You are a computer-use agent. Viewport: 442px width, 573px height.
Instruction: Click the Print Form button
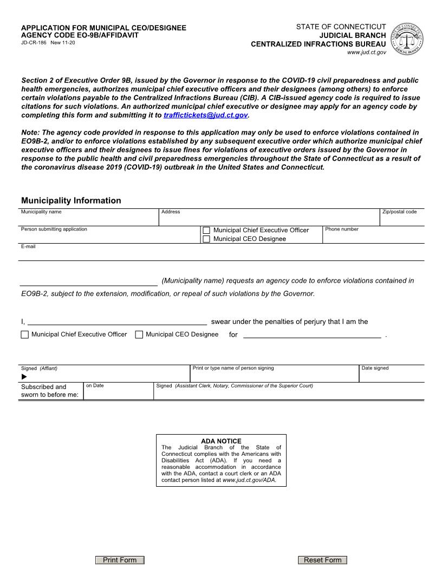[120, 560]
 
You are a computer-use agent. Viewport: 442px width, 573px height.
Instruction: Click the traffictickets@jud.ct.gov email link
[205, 115]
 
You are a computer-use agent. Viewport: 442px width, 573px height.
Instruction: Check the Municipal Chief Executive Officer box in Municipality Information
[206, 231]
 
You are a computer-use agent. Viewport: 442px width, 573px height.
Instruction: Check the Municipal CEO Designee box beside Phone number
[206, 239]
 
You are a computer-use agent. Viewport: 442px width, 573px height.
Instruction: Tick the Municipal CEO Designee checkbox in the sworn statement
[139, 335]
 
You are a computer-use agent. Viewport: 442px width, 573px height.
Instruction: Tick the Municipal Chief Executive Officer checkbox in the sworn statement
[25, 335]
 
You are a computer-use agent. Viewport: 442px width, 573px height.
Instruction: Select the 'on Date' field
[118, 393]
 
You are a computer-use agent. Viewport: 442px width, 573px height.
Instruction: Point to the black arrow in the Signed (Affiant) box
[24, 377]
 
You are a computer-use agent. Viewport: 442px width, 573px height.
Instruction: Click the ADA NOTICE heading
[221, 441]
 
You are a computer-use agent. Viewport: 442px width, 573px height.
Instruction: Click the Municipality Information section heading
[71, 201]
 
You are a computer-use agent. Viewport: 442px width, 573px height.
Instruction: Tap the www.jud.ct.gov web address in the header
[366, 52]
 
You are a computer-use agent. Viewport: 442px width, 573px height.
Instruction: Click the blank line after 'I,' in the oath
[116, 322]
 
